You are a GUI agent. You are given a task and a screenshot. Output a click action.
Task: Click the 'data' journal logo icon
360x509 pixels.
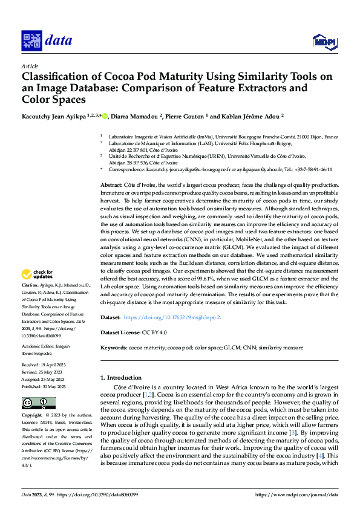(31, 41)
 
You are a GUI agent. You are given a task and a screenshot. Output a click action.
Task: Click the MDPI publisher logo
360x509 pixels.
(324, 41)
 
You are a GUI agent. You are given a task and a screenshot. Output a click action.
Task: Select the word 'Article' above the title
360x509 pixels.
(30, 66)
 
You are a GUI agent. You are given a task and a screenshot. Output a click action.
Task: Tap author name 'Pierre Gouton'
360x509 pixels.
(194, 116)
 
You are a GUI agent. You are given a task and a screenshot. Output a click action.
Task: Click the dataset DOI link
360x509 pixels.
(172, 317)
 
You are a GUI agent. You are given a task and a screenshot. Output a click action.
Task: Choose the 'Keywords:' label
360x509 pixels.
(114, 348)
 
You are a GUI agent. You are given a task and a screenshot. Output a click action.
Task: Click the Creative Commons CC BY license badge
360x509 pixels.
(38, 403)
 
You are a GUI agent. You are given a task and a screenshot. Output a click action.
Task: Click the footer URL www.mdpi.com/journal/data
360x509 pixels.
(296, 494)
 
